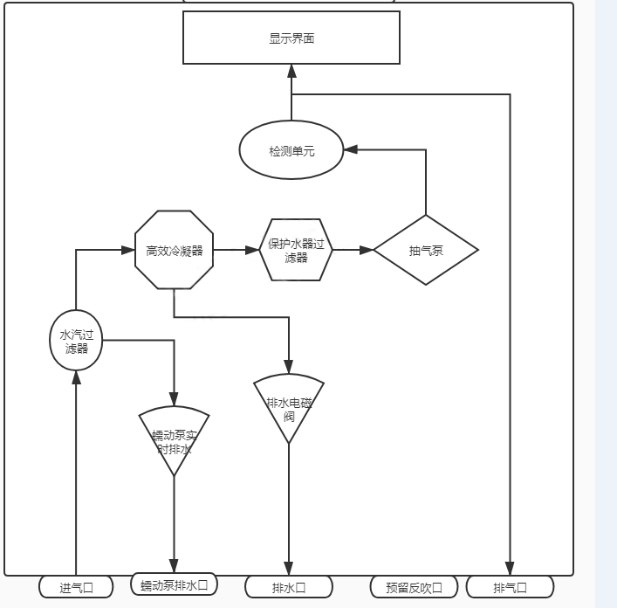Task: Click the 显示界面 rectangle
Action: click(291, 38)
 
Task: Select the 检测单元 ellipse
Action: click(291, 150)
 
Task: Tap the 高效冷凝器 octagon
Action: click(174, 250)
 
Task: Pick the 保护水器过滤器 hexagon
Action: click(296, 250)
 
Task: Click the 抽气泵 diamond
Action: click(425, 251)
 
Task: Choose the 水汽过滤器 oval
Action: click(75, 340)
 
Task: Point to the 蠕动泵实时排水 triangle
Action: click(174, 437)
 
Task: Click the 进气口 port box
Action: click(76, 587)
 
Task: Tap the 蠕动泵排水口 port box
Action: click(174, 584)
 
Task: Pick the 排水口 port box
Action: click(289, 587)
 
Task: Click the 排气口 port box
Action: click(510, 587)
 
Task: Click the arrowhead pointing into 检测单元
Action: click(349, 150)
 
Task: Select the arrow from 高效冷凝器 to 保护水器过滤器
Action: click(237, 250)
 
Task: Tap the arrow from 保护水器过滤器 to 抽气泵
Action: click(353, 250)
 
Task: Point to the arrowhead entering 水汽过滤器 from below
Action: click(76, 377)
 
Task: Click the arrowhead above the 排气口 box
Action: click(510, 569)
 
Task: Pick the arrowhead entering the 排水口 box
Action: click(289, 569)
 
